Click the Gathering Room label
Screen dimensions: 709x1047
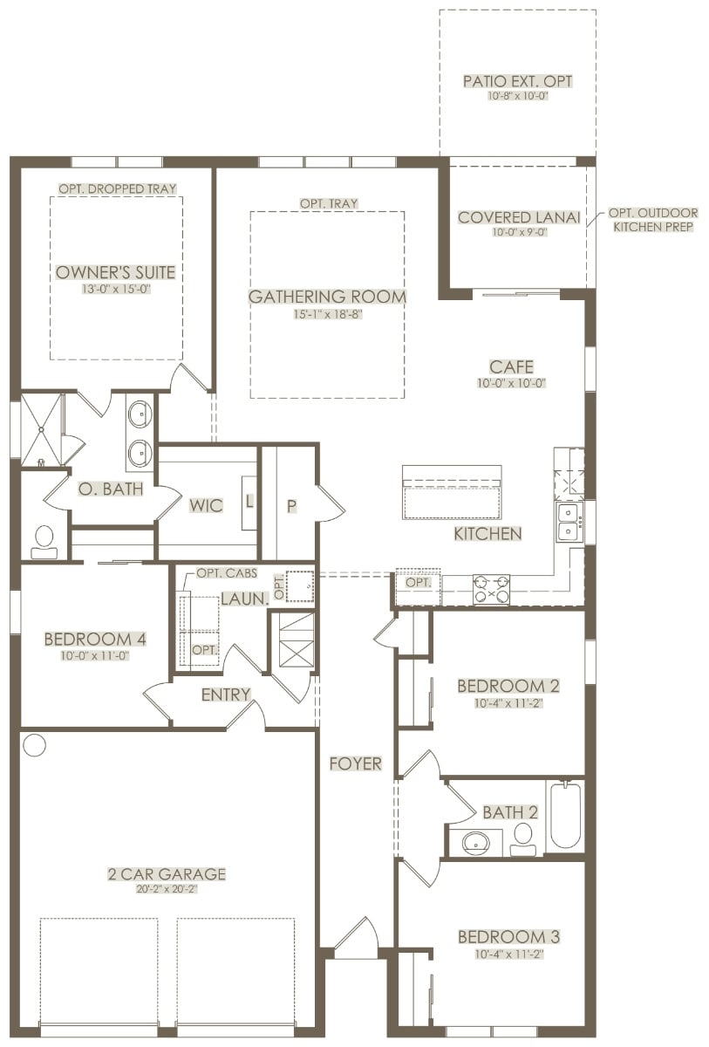(327, 297)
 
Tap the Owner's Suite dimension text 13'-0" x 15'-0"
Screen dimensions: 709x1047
(116, 289)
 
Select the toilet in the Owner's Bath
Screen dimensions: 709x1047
(44, 542)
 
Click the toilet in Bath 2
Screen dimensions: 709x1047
(522, 839)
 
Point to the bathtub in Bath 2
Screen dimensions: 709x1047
(566, 815)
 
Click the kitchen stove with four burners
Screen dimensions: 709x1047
(491, 589)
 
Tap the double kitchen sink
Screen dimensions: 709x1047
(569, 522)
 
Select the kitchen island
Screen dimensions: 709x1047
(452, 492)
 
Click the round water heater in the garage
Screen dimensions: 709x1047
(35, 744)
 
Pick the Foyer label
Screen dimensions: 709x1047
(356, 763)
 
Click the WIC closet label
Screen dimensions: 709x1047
(206, 505)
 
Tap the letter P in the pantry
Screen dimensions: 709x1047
(291, 506)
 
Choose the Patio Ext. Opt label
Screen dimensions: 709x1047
(517, 81)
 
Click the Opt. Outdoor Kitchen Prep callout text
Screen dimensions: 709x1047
(653, 220)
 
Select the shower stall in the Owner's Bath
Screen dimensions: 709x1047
(41, 429)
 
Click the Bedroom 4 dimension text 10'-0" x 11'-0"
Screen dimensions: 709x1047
(95, 656)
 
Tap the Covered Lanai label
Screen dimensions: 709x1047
(519, 217)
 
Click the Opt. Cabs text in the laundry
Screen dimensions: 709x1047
(227, 573)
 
